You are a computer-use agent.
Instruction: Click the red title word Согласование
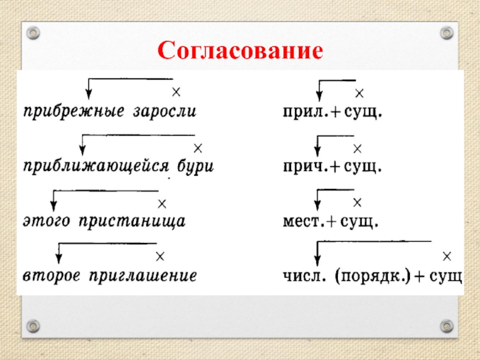241,50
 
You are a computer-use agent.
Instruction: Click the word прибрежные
74,112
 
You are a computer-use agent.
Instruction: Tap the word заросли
164,112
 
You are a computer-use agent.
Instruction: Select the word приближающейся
96,167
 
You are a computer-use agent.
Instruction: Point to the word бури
196,167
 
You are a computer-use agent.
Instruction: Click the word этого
46,221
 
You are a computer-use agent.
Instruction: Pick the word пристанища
132,221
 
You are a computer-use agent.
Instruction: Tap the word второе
52,276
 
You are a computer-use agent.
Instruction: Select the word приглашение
143,276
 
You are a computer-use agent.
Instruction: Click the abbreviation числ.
304,277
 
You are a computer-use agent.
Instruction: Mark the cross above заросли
176,92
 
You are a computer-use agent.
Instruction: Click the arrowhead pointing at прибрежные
88,94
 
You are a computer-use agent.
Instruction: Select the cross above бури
198,148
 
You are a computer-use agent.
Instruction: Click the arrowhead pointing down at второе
59,259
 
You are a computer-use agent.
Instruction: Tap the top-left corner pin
33,33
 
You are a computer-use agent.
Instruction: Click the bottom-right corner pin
446,326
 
